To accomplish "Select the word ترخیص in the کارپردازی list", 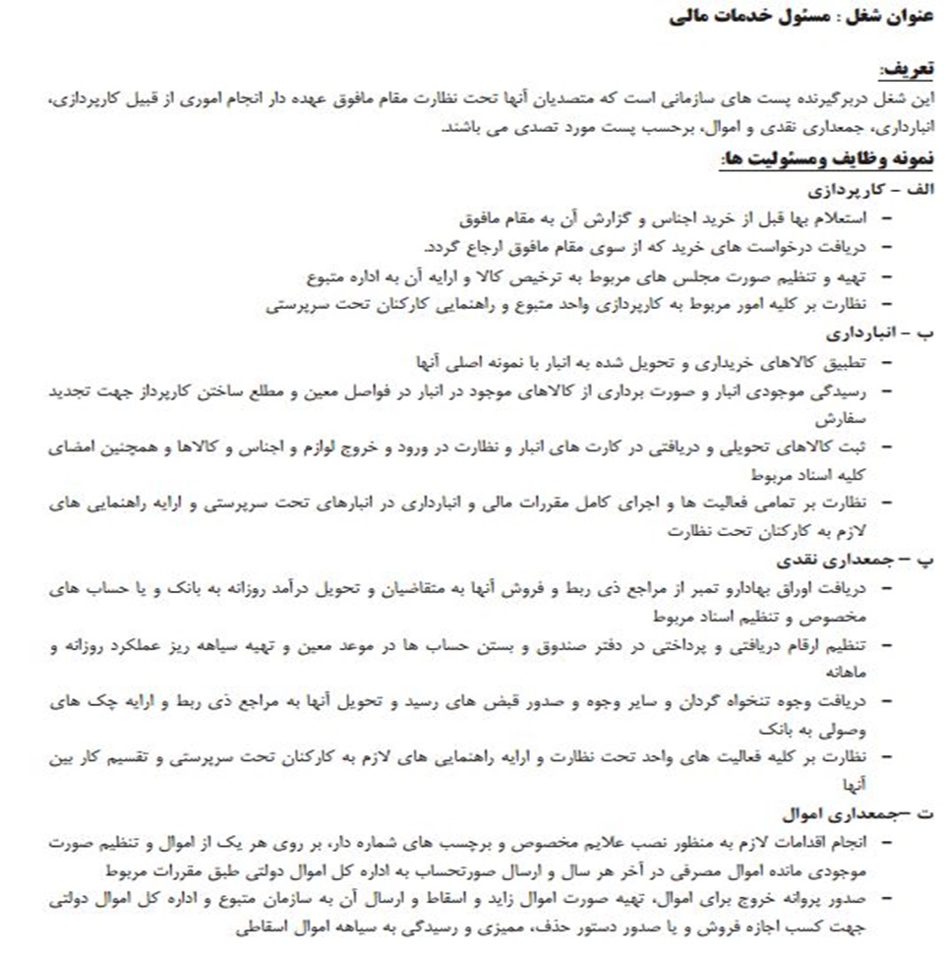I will tap(556, 277).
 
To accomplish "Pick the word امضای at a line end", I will tap(73, 447).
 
